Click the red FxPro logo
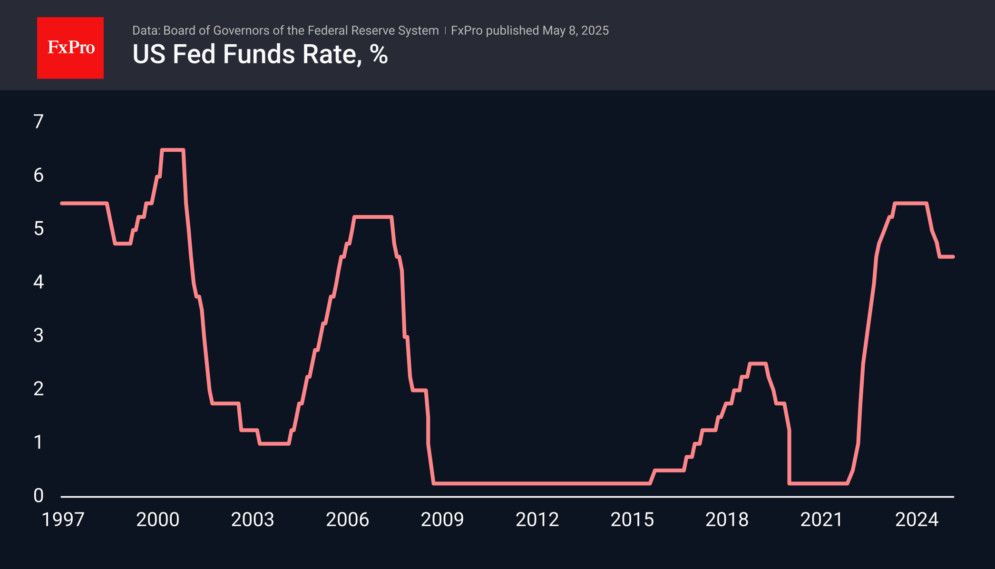click(70, 48)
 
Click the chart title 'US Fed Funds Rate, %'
click(260, 54)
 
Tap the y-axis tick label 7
click(39, 122)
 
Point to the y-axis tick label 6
click(39, 176)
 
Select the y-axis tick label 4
click(39, 282)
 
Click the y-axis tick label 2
click(39, 389)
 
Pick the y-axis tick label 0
click(39, 496)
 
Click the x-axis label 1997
click(63, 520)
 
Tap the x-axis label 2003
click(253, 520)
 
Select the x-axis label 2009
click(442, 520)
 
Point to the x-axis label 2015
click(632, 520)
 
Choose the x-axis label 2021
click(821, 520)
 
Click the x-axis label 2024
click(917, 520)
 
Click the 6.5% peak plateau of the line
click(172, 150)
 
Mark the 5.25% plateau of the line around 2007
click(372, 217)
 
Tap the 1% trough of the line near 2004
click(274, 443)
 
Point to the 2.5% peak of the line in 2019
click(757, 364)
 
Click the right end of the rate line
click(953, 257)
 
